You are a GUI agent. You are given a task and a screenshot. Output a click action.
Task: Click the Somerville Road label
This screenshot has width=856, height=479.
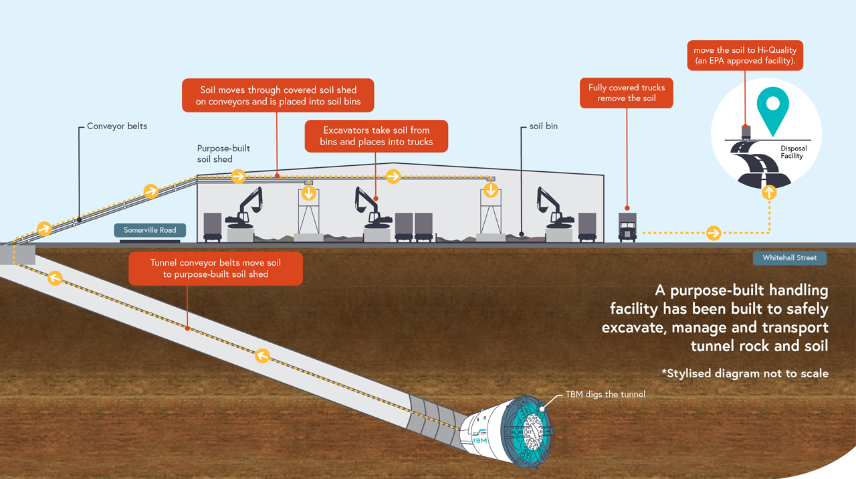(150, 230)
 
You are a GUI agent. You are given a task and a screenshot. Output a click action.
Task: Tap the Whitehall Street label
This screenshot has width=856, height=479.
(789, 258)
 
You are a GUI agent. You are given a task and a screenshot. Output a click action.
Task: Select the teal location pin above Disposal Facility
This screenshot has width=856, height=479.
(772, 110)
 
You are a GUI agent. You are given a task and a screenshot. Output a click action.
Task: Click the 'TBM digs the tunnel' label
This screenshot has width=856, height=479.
(605, 394)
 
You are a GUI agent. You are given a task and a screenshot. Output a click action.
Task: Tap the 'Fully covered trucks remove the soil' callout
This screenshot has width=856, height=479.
(627, 93)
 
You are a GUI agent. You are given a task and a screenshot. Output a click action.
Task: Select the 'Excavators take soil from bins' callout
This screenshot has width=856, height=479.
(377, 136)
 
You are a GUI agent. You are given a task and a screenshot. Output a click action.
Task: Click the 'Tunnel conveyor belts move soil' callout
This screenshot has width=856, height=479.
(215, 268)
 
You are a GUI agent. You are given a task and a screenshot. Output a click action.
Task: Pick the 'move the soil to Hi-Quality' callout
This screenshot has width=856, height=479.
(744, 56)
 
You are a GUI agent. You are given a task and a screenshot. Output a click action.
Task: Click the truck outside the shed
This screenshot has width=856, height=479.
(627, 227)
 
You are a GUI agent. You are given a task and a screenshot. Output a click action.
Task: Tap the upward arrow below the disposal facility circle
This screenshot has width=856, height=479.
(769, 193)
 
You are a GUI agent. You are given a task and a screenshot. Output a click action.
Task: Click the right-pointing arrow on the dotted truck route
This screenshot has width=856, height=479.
(714, 233)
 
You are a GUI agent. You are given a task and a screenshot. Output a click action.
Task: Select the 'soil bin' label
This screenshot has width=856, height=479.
(542, 126)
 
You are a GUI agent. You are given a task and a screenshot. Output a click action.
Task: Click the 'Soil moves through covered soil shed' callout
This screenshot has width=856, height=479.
(278, 96)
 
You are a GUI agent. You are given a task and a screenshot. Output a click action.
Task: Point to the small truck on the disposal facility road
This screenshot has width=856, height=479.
(746, 131)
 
